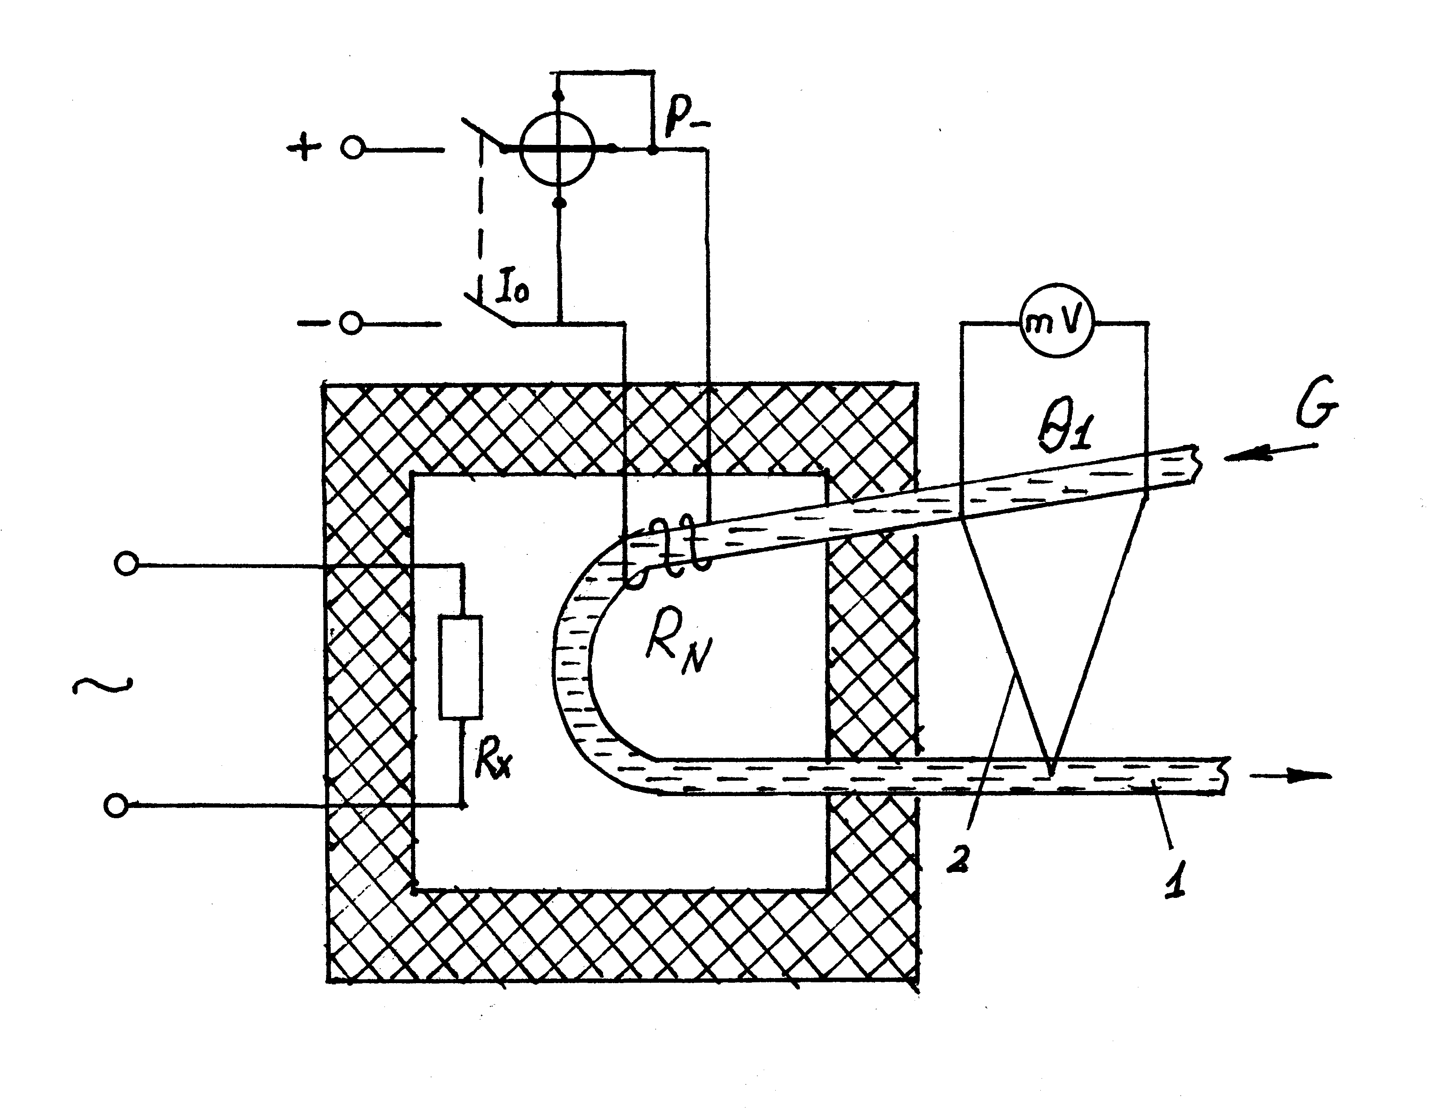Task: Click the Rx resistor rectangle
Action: point(462,667)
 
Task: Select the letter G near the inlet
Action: point(1315,410)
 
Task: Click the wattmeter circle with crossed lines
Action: point(558,149)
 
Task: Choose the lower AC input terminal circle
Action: point(116,805)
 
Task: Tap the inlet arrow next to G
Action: point(1269,453)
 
